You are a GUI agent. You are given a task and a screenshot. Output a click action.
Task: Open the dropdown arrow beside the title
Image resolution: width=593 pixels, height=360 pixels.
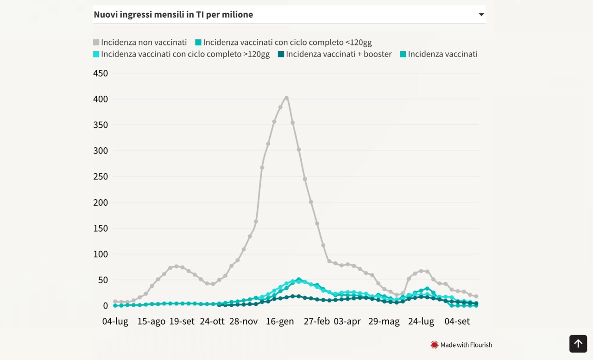(481, 14)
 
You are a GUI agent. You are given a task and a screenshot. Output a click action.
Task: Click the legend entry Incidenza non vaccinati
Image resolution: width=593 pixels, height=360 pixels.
(140, 42)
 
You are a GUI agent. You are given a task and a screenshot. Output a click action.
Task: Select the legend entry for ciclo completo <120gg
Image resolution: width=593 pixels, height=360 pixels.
(284, 42)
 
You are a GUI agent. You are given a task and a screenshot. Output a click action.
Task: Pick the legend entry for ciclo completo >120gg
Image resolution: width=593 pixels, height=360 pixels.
(181, 54)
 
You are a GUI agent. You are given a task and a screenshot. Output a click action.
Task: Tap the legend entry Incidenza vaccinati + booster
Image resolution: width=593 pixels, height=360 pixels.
(335, 54)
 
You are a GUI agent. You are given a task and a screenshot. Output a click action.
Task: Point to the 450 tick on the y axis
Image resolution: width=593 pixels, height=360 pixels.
(101, 73)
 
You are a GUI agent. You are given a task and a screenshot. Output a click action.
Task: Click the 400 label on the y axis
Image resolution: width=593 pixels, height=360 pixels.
(101, 99)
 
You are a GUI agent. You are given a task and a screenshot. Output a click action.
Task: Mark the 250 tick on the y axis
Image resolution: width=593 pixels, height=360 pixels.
(101, 177)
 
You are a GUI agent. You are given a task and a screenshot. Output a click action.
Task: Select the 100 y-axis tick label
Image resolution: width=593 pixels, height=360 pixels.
(101, 254)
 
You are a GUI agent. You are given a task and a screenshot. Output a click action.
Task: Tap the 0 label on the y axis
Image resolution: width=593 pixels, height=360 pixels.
(105, 306)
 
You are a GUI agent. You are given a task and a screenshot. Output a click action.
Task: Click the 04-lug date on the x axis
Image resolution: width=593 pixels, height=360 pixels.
(115, 322)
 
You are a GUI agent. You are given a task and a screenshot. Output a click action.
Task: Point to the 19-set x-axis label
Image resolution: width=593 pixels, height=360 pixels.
(182, 322)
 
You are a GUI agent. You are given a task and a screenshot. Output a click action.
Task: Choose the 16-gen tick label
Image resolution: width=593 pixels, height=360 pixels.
(280, 322)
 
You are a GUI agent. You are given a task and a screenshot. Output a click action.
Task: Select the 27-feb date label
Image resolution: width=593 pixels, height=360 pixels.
(316, 322)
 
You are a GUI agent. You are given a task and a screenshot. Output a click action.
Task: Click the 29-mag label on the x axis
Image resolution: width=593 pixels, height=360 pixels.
(384, 322)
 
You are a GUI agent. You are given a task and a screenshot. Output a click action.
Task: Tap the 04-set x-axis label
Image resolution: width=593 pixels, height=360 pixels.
(457, 322)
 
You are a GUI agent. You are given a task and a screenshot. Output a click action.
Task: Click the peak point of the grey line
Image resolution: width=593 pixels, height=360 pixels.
(286, 98)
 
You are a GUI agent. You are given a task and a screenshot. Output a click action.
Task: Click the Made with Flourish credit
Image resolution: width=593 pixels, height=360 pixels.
(461, 345)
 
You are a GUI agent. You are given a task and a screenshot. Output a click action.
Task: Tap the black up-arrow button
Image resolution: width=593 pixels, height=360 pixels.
(578, 344)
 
